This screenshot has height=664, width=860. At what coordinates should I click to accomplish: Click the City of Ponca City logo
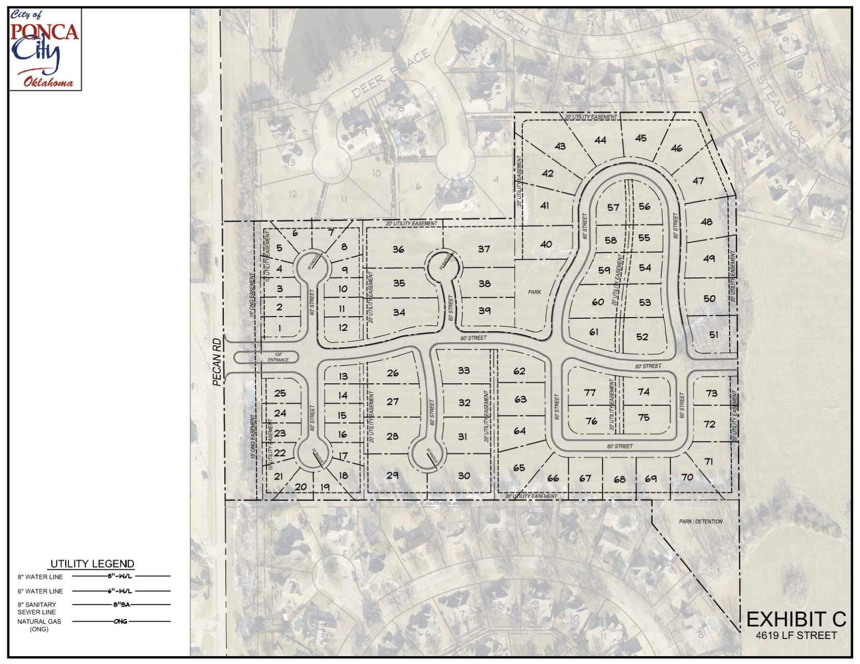pyautogui.click(x=45, y=49)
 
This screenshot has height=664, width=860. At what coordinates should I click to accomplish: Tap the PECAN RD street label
pyautogui.click(x=217, y=362)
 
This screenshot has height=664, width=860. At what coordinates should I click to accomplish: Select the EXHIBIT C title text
pyautogui.click(x=796, y=619)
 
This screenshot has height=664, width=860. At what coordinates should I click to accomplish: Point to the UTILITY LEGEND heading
pyautogui.click(x=92, y=563)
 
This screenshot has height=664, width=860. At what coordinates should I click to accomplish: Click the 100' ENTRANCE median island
pyautogui.click(x=266, y=357)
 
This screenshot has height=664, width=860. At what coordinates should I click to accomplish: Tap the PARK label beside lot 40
pyautogui.click(x=535, y=292)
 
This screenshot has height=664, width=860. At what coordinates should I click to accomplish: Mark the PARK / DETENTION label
pyautogui.click(x=701, y=521)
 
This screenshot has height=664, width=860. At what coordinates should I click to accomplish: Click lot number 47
pyautogui.click(x=698, y=181)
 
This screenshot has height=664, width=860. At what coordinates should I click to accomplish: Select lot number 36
pyautogui.click(x=399, y=249)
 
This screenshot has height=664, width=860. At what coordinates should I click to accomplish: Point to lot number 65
pyautogui.click(x=519, y=468)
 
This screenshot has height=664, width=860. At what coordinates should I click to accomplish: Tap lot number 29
pyautogui.click(x=392, y=475)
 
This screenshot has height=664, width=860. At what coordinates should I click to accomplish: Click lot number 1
pyautogui.click(x=280, y=328)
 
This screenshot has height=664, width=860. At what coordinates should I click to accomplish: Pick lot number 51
pyautogui.click(x=714, y=335)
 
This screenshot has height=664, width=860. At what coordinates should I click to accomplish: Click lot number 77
pyautogui.click(x=589, y=392)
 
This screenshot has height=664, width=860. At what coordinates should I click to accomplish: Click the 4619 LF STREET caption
pyautogui.click(x=796, y=635)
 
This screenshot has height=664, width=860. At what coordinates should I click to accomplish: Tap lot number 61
pyautogui.click(x=594, y=332)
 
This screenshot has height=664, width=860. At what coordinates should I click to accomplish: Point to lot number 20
pyautogui.click(x=301, y=486)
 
